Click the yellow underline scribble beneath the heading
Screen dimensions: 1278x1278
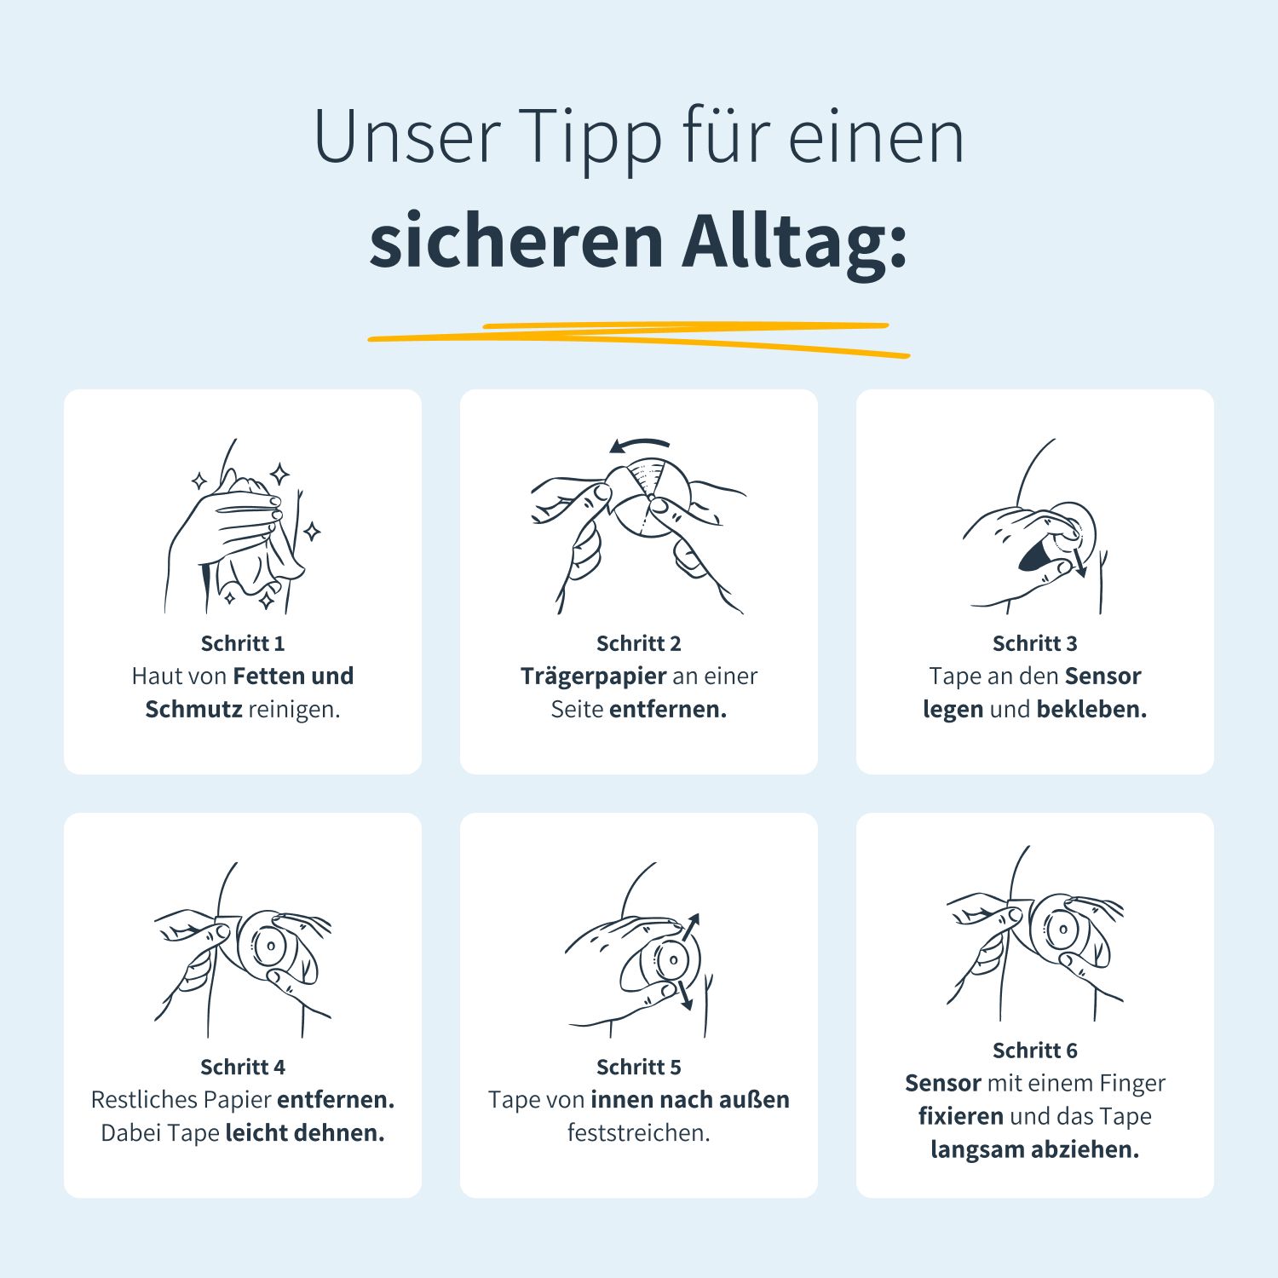pos(639,338)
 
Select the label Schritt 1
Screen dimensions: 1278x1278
pos(243,643)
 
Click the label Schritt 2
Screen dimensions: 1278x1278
pos(639,643)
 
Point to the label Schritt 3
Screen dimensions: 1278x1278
pos(1034,643)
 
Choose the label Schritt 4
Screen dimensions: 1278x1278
pos(243,1067)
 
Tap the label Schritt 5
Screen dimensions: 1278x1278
pos(639,1067)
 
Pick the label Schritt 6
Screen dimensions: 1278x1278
pos(1034,1051)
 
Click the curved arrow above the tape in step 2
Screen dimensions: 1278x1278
pos(641,445)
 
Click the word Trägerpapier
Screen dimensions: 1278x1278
pos(593,676)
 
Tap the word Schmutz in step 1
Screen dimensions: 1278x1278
pos(193,709)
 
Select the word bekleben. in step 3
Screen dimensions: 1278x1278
pos(1091,709)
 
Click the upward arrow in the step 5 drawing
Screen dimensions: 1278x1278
pos(691,926)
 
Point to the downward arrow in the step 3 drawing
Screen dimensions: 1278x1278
pos(1079,563)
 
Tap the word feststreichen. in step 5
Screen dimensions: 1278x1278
pos(639,1133)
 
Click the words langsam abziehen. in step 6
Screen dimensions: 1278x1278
pos(1034,1149)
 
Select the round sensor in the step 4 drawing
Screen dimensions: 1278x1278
pos(268,944)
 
